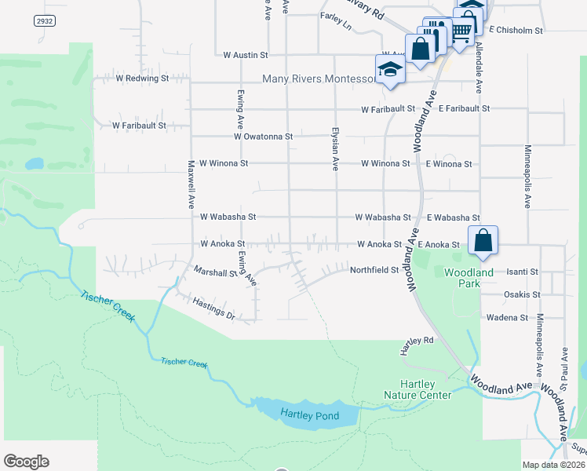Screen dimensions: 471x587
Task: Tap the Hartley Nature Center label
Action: tap(417, 389)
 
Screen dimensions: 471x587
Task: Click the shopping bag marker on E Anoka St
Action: tap(483, 240)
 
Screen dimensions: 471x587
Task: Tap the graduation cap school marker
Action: tap(389, 69)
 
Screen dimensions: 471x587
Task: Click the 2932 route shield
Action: tap(46, 21)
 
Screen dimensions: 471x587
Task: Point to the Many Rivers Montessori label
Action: tap(318, 79)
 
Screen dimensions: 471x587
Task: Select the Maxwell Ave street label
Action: tap(191, 184)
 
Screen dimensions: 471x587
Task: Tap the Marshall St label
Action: tap(215, 272)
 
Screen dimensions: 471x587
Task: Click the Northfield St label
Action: tap(374, 269)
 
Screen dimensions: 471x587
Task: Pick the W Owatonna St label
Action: tap(263, 136)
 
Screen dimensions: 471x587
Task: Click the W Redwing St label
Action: tap(142, 78)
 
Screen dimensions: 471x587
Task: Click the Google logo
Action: tap(26, 462)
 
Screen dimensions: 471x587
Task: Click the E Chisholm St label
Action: tap(516, 30)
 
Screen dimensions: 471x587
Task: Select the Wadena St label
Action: tap(507, 317)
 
